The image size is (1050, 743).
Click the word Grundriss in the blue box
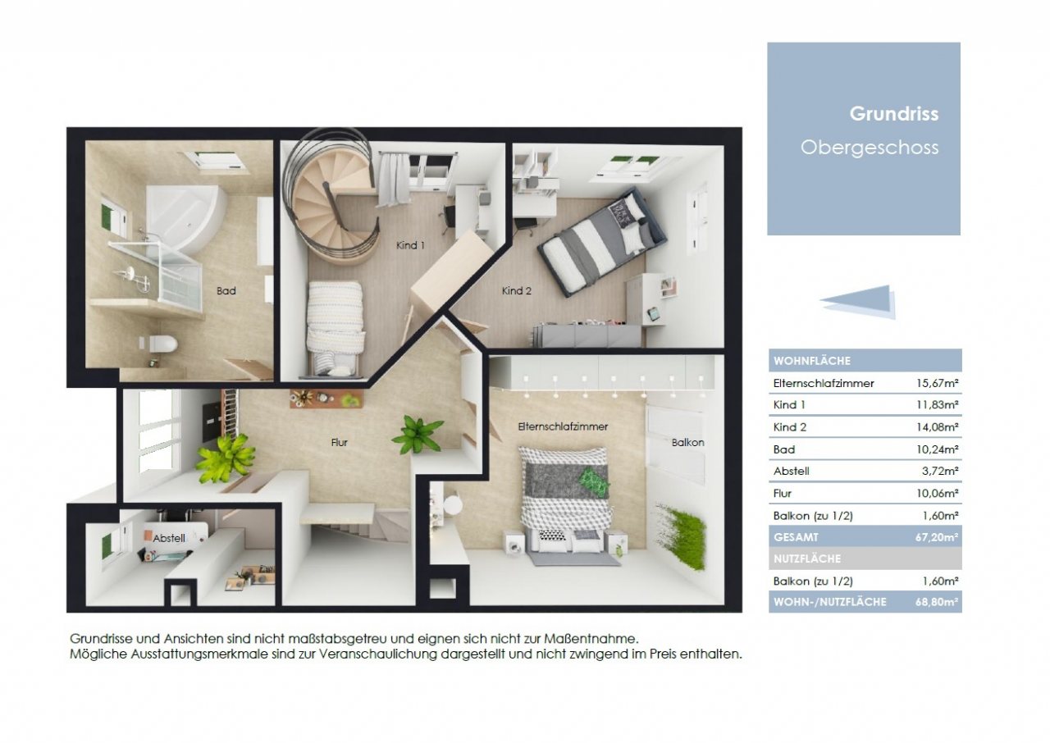tap(893, 114)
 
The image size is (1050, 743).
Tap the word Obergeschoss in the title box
tap(869, 148)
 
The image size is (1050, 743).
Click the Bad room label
tap(226, 290)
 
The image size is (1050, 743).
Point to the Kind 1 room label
tap(411, 245)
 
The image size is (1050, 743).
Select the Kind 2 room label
tap(517, 290)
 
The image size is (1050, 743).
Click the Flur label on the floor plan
tap(340, 443)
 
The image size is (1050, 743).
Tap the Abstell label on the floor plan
tap(169, 538)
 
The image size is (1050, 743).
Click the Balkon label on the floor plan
tap(687, 442)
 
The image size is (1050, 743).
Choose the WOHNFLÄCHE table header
tap(811, 361)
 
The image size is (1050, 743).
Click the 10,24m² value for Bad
tap(938, 449)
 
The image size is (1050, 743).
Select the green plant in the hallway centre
tap(418, 434)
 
